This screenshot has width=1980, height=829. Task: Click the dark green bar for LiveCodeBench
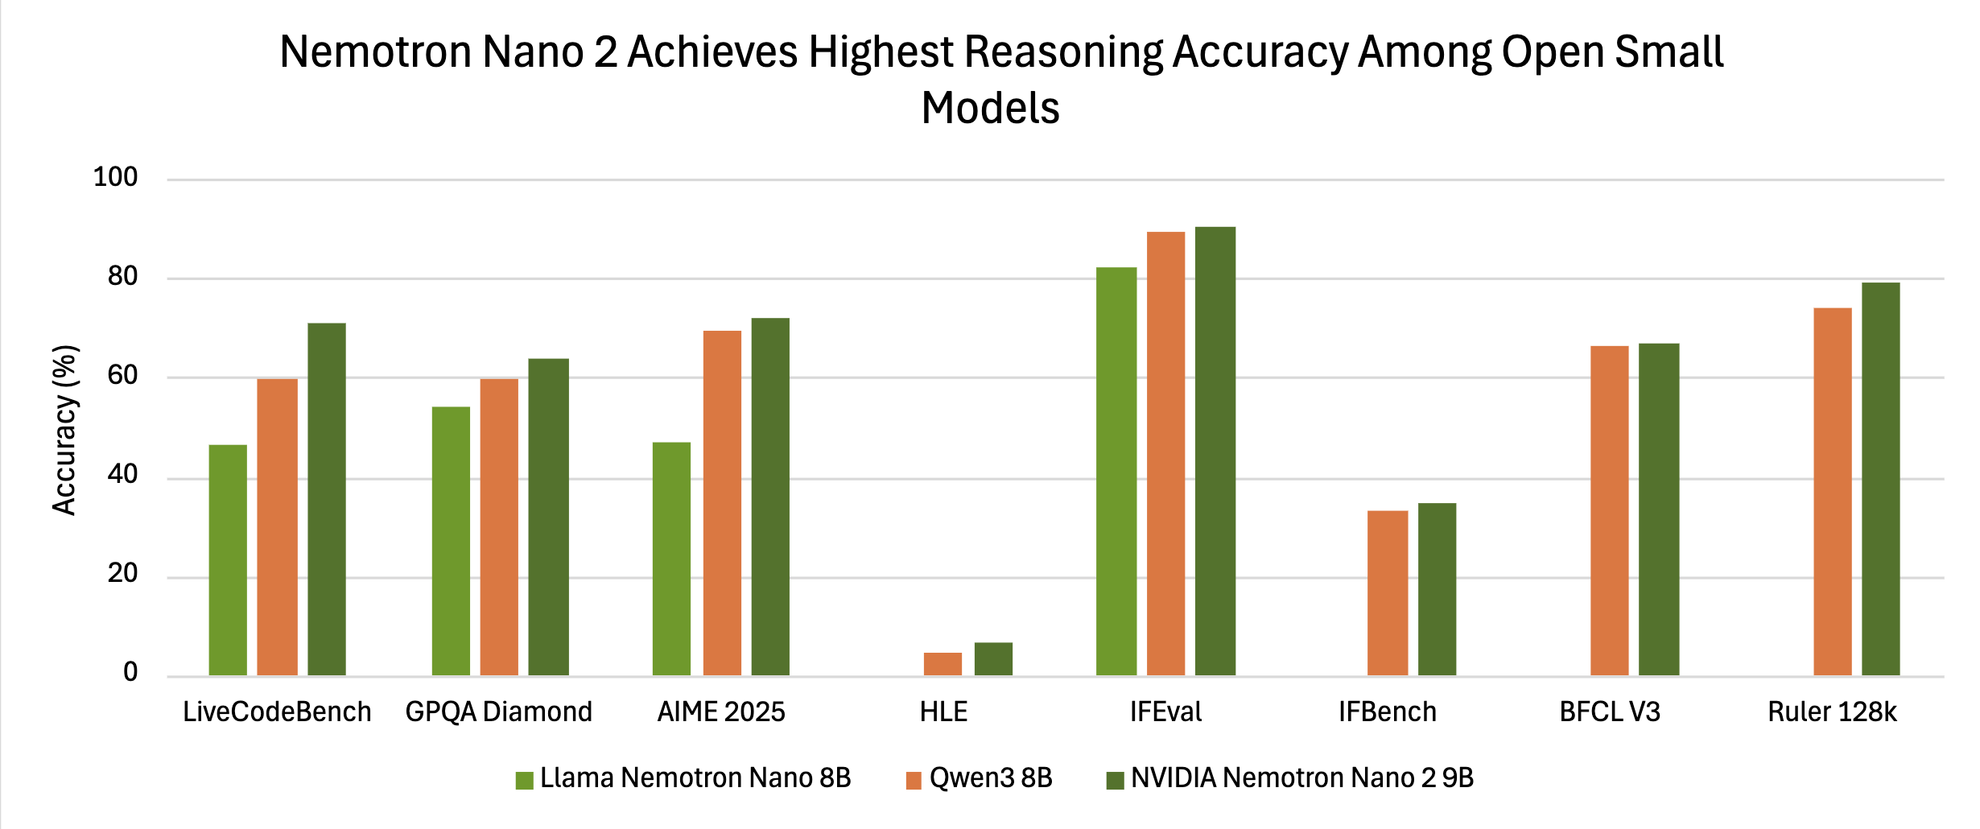click(327, 499)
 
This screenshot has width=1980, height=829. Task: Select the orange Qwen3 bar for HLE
click(943, 664)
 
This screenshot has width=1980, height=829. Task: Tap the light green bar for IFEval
click(1116, 471)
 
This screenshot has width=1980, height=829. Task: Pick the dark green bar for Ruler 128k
click(1881, 479)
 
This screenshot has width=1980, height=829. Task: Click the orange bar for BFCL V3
click(1610, 510)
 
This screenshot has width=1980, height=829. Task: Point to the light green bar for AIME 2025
click(671, 559)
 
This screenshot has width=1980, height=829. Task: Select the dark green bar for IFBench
click(1437, 589)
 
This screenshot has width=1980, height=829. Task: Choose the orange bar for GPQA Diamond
click(499, 527)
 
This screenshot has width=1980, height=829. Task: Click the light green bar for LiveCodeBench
click(228, 560)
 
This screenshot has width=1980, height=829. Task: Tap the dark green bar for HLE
click(993, 659)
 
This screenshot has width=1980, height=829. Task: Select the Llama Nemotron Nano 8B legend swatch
click(525, 781)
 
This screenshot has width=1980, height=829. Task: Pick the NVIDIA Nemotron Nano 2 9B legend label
click(1301, 778)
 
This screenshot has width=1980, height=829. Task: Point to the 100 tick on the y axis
click(115, 177)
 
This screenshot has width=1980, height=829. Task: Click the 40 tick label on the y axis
click(122, 475)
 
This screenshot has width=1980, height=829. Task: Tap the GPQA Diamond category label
click(498, 712)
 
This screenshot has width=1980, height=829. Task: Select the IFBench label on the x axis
click(1388, 712)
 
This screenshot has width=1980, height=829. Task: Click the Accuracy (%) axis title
click(64, 430)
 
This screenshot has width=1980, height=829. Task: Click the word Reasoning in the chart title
click(1063, 53)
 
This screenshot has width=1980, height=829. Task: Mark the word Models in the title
click(990, 109)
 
